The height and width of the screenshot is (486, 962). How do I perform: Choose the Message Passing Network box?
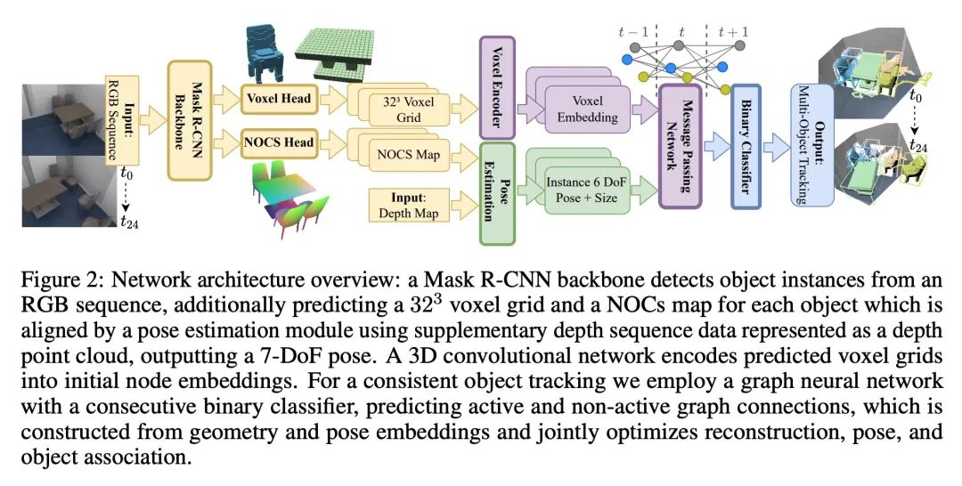coord(681,146)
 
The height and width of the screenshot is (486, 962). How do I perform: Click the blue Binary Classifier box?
coord(745,146)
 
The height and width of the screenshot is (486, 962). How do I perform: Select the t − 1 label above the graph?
coord(634,33)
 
